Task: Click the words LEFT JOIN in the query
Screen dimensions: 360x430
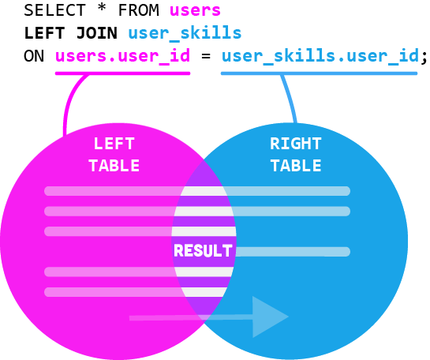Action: click(x=71, y=33)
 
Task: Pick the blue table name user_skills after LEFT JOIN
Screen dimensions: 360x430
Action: click(x=184, y=33)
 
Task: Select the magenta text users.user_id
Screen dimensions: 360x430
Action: click(x=122, y=57)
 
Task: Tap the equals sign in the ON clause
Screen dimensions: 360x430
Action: click(x=205, y=57)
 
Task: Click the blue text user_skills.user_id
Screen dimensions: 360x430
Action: click(x=319, y=57)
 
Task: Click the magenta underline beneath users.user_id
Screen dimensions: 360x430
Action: click(x=122, y=73)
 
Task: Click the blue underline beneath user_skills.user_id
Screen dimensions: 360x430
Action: click(x=319, y=74)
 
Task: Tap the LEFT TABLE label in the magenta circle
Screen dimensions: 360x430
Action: click(x=114, y=155)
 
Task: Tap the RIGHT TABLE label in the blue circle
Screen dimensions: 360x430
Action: click(x=295, y=155)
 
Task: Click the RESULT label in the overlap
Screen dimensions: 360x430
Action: click(x=204, y=251)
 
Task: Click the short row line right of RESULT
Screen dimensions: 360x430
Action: click(x=292, y=252)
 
